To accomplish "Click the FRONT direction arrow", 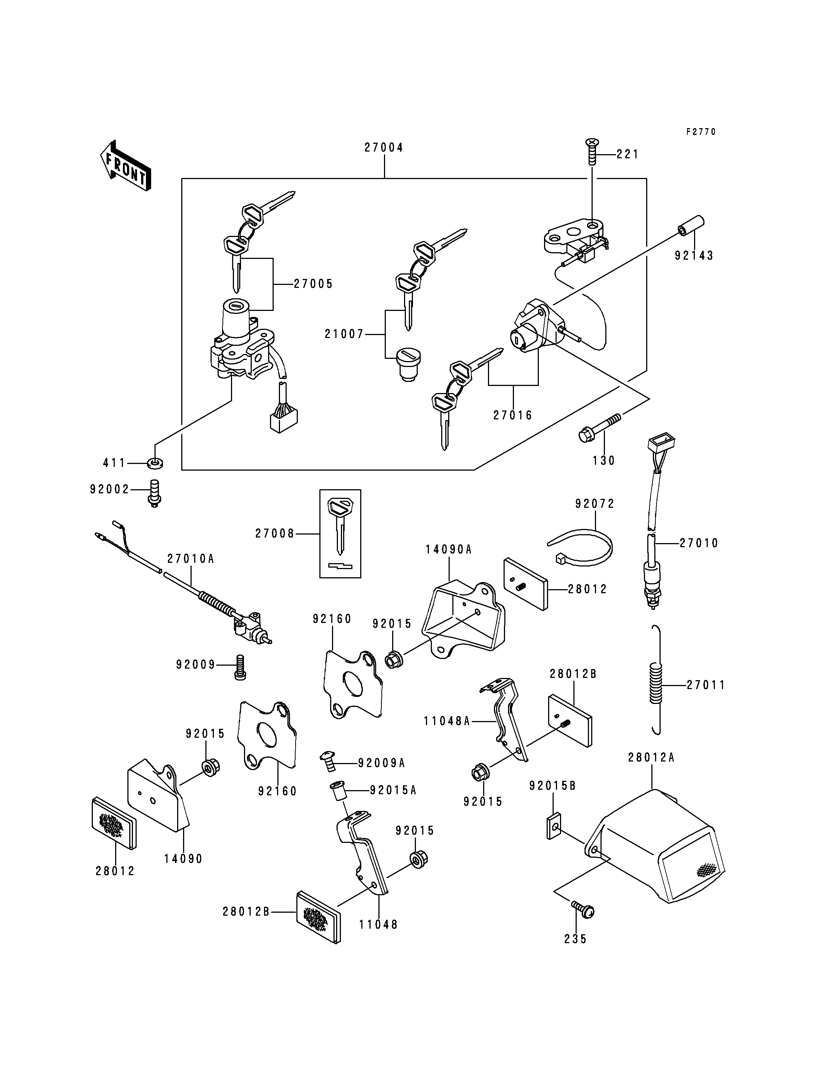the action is pos(126,165).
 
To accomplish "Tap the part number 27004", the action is pos(384,147).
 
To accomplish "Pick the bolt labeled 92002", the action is pos(154,493).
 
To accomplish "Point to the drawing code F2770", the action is pos(701,131).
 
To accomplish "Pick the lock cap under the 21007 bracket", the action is pos(408,364).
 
